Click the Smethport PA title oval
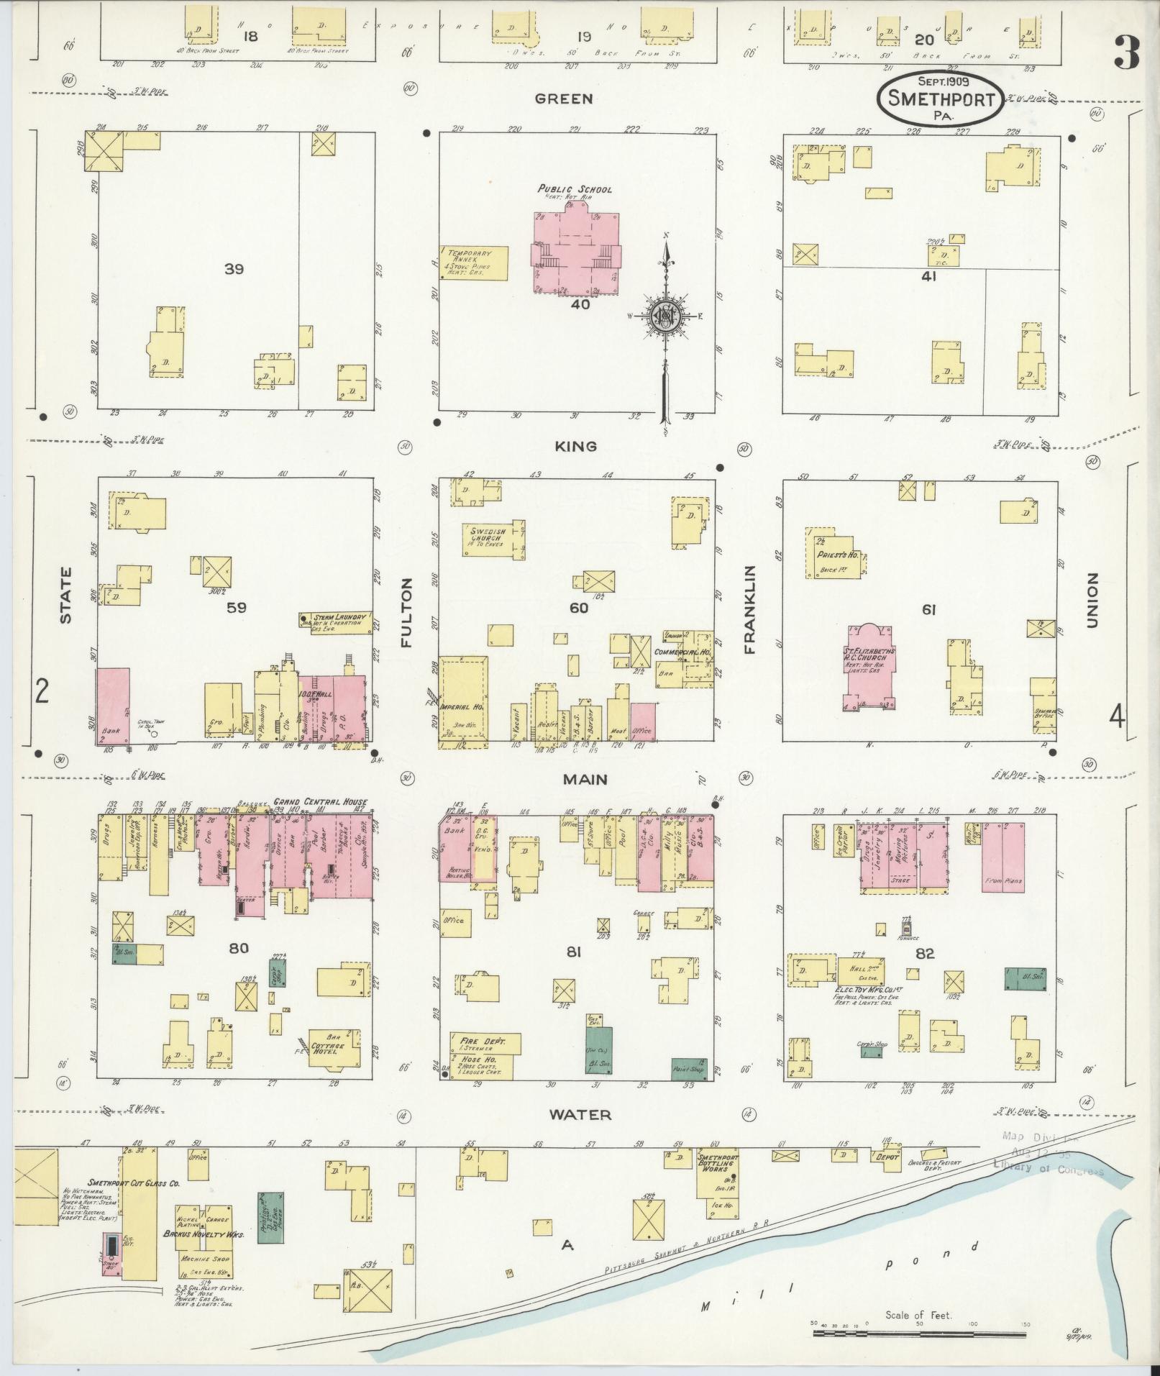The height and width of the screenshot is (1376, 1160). click(938, 99)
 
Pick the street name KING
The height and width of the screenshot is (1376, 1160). click(575, 446)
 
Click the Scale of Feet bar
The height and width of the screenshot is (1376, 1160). click(921, 1333)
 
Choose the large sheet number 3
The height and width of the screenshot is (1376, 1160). click(1127, 53)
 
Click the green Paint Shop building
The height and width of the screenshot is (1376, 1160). click(688, 1069)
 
